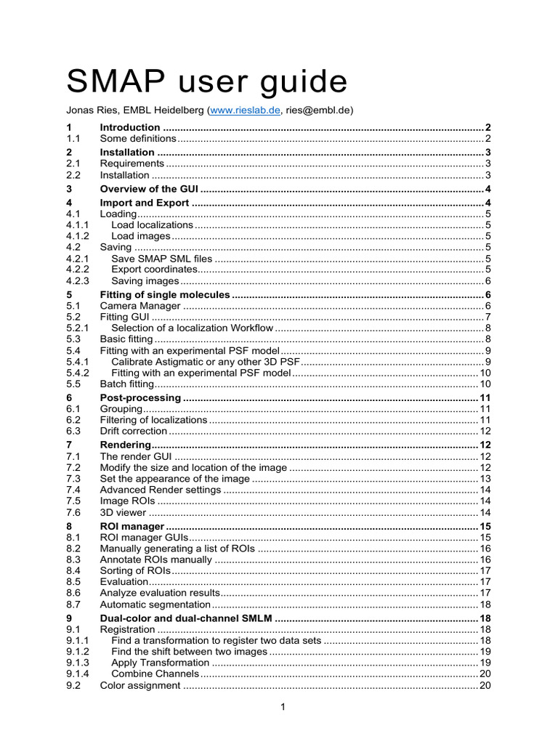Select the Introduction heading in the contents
pyautogui.click(x=130, y=127)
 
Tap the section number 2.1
pyautogui.click(x=73, y=163)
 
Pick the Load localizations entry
pyautogui.click(x=153, y=225)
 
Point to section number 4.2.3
pyautogui.click(x=77, y=280)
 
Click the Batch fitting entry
pyautogui.click(x=127, y=384)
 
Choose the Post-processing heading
pyautogui.click(x=140, y=398)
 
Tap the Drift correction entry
pyautogui.click(x=134, y=431)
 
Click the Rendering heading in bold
pyautogui.click(x=125, y=445)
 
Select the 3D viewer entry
pyautogui.click(x=123, y=512)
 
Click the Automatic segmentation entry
pyautogui.click(x=154, y=604)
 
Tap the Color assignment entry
pyautogui.click(x=140, y=685)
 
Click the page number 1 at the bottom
pyautogui.click(x=281, y=708)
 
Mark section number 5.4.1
pyautogui.click(x=77, y=361)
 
